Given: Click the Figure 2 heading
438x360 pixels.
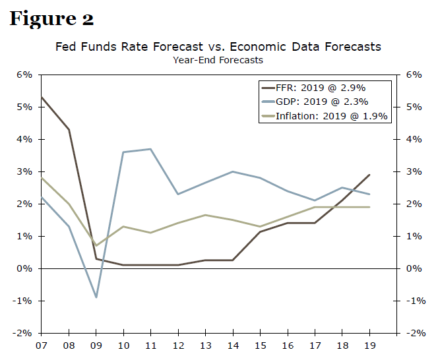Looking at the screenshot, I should coord(51,18).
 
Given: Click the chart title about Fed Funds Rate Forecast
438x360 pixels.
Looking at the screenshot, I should coord(218,47).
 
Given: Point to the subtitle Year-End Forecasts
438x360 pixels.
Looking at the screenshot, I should coord(218,60).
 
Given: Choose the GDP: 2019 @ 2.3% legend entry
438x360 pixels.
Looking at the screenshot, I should coord(322,102).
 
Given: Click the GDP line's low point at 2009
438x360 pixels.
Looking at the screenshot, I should coord(96,297).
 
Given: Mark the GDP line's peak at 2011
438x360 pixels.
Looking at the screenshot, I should coord(151,149).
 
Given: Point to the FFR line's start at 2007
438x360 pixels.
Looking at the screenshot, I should coord(42,97).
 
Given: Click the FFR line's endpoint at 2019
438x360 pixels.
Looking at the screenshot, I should coord(369,175).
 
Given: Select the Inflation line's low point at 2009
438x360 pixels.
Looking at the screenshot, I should coord(96,246).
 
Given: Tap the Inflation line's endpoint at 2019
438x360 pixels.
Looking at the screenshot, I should coord(369,207).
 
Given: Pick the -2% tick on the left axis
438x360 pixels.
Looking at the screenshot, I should coord(23,333).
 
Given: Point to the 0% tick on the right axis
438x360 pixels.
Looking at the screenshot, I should coord(414,268).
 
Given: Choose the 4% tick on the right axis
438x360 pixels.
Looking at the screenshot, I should coord(414,139).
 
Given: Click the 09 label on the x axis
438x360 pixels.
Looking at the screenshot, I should coord(96,345).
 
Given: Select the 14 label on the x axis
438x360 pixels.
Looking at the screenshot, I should coord(233,345).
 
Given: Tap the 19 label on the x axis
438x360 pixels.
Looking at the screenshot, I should coord(369,345).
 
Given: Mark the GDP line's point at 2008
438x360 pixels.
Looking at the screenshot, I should coord(69,226).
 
